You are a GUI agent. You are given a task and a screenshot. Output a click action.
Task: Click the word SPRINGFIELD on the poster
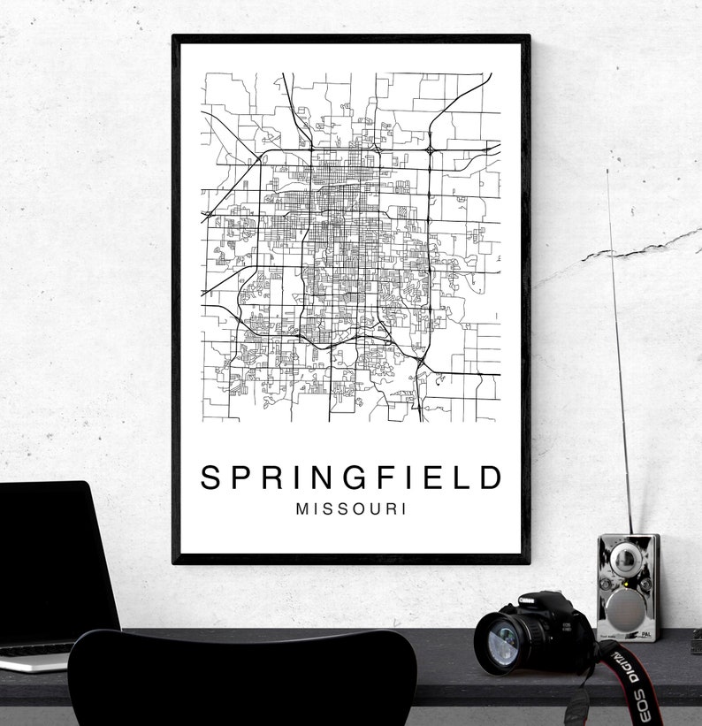(351, 478)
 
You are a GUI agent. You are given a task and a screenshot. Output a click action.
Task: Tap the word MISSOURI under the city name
(351, 509)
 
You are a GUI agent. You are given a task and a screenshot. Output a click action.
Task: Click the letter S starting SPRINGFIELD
(210, 478)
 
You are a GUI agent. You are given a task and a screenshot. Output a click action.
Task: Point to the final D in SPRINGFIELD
(492, 478)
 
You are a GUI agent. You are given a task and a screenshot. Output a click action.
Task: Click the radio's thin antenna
(619, 354)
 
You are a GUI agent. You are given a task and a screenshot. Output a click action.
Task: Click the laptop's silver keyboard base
(35, 658)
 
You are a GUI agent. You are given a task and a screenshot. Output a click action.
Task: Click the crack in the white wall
(619, 252)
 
